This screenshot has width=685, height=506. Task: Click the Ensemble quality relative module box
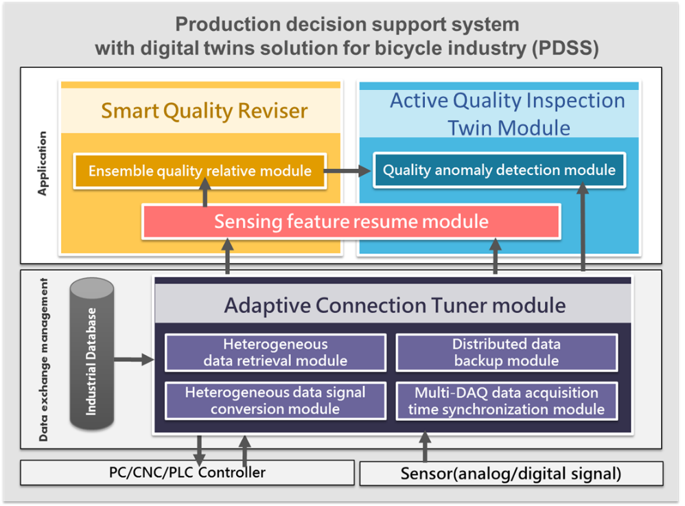[200, 171]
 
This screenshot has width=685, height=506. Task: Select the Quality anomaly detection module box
[499, 170]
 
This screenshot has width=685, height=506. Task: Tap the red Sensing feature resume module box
[351, 222]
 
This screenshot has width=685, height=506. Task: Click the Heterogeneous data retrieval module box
[276, 353]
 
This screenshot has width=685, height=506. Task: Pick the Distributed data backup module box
[507, 353]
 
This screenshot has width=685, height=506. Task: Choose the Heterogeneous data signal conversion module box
[276, 401]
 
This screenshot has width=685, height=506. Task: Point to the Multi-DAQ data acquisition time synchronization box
[507, 401]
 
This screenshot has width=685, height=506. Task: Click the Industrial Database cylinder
[92, 354]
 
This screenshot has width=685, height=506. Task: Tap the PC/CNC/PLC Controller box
[187, 472]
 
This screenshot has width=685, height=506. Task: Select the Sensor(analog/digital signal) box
[511, 474]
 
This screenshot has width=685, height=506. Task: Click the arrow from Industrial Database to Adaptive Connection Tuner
[134, 360]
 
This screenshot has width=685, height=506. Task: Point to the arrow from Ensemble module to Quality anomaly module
[348, 170]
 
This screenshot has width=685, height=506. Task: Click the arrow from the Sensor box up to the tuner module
[425, 446]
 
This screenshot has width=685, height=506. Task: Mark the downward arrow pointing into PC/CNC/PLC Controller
[199, 450]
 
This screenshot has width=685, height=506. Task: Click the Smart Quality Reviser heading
[205, 111]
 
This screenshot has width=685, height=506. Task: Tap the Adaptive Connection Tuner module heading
[395, 305]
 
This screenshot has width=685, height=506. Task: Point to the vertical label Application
[43, 163]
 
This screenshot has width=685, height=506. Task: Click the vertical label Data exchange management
[43, 360]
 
